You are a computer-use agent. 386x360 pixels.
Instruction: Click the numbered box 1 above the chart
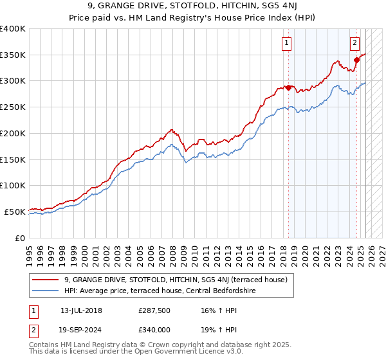point(286,44)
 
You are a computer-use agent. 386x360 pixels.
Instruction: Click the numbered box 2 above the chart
point(354,44)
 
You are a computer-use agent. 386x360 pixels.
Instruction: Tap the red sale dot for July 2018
point(288,87)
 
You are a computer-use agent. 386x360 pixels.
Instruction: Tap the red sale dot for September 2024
point(356,60)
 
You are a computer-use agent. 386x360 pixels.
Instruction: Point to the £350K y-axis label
point(13,55)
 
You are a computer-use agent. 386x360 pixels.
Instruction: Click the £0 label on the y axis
point(21,237)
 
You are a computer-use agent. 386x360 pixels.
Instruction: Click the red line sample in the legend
point(46,280)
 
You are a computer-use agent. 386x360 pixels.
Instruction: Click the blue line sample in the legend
point(46,291)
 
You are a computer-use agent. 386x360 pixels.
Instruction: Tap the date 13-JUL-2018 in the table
point(81,310)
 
